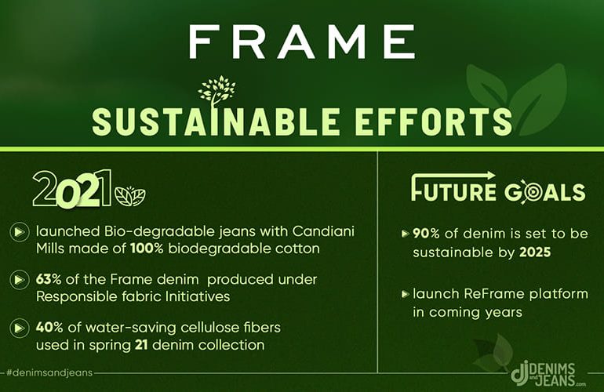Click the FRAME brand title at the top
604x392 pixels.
302,42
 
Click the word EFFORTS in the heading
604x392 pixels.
433,122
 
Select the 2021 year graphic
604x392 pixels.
72,189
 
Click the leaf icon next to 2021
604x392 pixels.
130,196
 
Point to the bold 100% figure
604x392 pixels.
147,249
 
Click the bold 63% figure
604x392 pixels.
49,279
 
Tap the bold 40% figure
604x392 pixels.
49,327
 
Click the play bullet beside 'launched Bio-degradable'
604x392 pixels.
19,232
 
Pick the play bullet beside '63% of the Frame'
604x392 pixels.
19,280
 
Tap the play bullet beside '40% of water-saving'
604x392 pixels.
19,328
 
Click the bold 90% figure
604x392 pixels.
426,234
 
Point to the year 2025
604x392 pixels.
535,252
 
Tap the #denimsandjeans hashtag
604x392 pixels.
49,372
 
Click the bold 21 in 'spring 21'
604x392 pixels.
141,345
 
